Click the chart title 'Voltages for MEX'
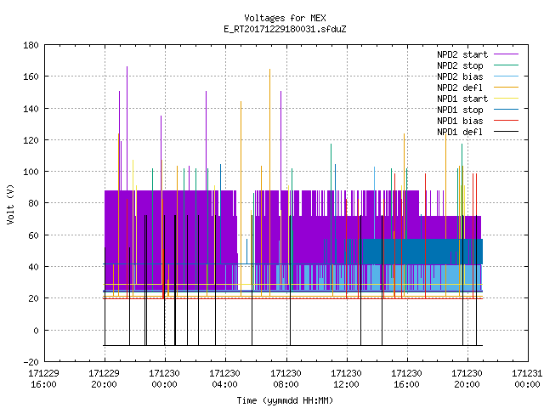[285, 18]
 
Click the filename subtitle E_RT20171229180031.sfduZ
[285, 29]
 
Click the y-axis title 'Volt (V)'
[10, 204]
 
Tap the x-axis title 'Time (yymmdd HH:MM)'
[285, 400]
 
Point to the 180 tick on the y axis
[31, 45]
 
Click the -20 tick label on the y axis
[31, 362]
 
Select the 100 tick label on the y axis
[31, 172]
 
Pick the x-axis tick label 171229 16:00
[43, 379]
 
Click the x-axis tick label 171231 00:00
[527, 379]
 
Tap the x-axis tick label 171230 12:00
[346, 379]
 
